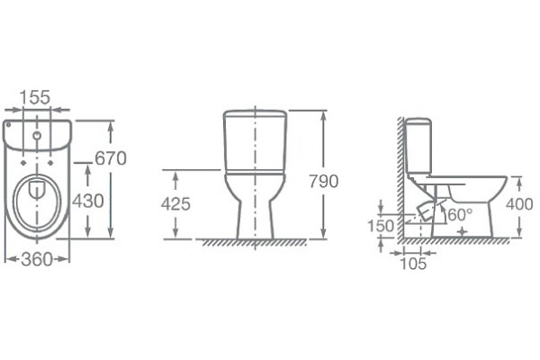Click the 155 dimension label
coord(35,97)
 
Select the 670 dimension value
coord(111,158)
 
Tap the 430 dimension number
coord(88,201)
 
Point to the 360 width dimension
coord(37,259)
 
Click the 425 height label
coord(175,204)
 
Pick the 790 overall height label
coord(323,181)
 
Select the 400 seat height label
coord(519,204)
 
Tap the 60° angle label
coord(461,215)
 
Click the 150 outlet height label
coord(381,226)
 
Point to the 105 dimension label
coord(413,264)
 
